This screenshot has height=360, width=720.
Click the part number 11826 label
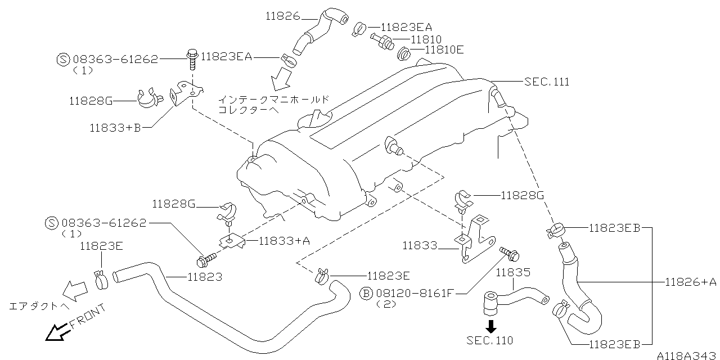click(x=283, y=17)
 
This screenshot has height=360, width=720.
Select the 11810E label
click(x=444, y=50)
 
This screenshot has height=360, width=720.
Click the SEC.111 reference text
click(x=546, y=82)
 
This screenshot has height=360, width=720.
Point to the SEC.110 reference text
click(x=489, y=340)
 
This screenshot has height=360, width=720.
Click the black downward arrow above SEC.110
click(x=490, y=326)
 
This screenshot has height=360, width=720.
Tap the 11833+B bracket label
click(x=115, y=128)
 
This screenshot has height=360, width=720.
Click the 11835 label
click(x=513, y=273)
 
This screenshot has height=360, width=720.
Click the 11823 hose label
click(x=205, y=277)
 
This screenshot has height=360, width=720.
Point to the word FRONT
click(x=87, y=317)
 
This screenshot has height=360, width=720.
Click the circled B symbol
click(x=366, y=293)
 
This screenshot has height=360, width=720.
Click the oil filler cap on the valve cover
click(x=316, y=119)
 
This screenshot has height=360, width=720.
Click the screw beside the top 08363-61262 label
click(x=192, y=57)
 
